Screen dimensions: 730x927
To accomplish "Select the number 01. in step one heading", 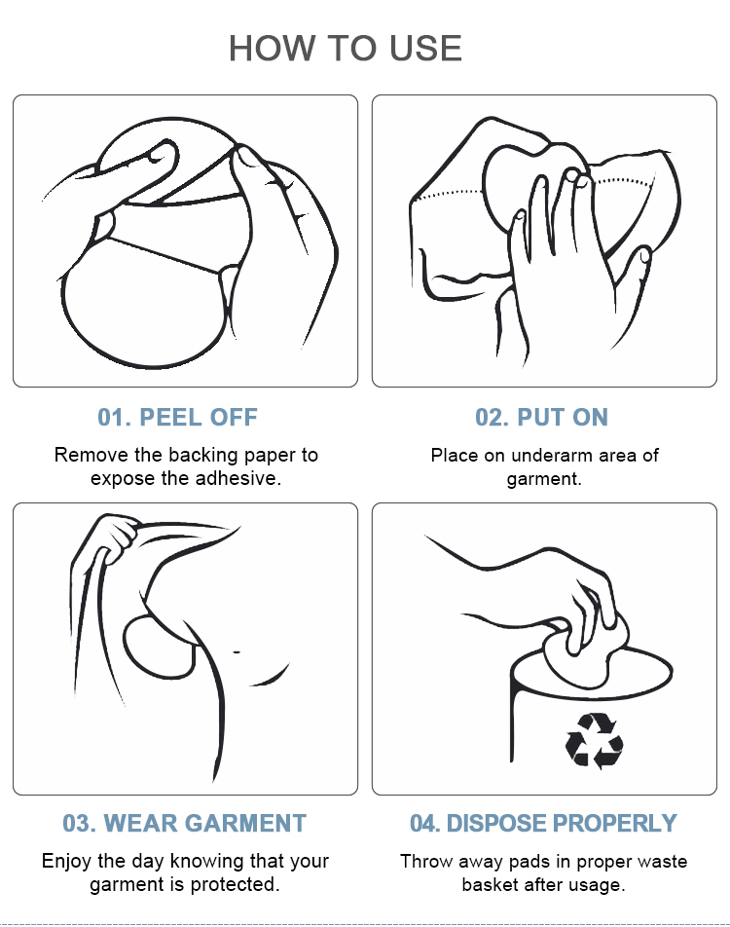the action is coord(115,418).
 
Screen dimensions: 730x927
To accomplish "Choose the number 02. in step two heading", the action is coord(493,418).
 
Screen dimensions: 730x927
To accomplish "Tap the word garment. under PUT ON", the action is coord(544,479).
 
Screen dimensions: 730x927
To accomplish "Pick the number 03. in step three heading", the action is coord(80,824).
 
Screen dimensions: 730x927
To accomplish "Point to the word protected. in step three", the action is coord(235,884).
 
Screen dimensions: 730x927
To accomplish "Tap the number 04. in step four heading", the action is coord(425,824).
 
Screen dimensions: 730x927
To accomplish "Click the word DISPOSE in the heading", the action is coord(497,824).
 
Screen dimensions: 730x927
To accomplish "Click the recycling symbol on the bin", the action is coord(594,741).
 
